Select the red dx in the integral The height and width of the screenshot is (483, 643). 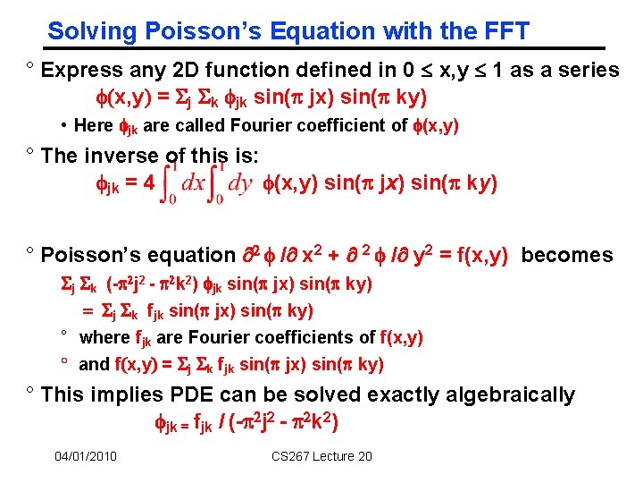pos(194,182)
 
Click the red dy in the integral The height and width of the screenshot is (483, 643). pos(241,182)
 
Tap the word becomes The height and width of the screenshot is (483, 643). pos(567,255)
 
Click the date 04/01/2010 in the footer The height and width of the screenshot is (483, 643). pos(85,456)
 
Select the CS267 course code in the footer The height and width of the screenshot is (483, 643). pos(296,456)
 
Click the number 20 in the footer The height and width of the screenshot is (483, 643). pos(363,456)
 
